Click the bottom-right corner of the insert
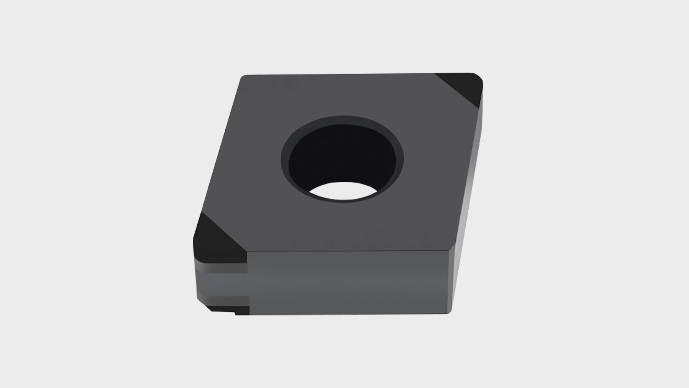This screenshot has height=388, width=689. click(x=451, y=313)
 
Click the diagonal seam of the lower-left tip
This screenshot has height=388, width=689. click(x=222, y=230)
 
